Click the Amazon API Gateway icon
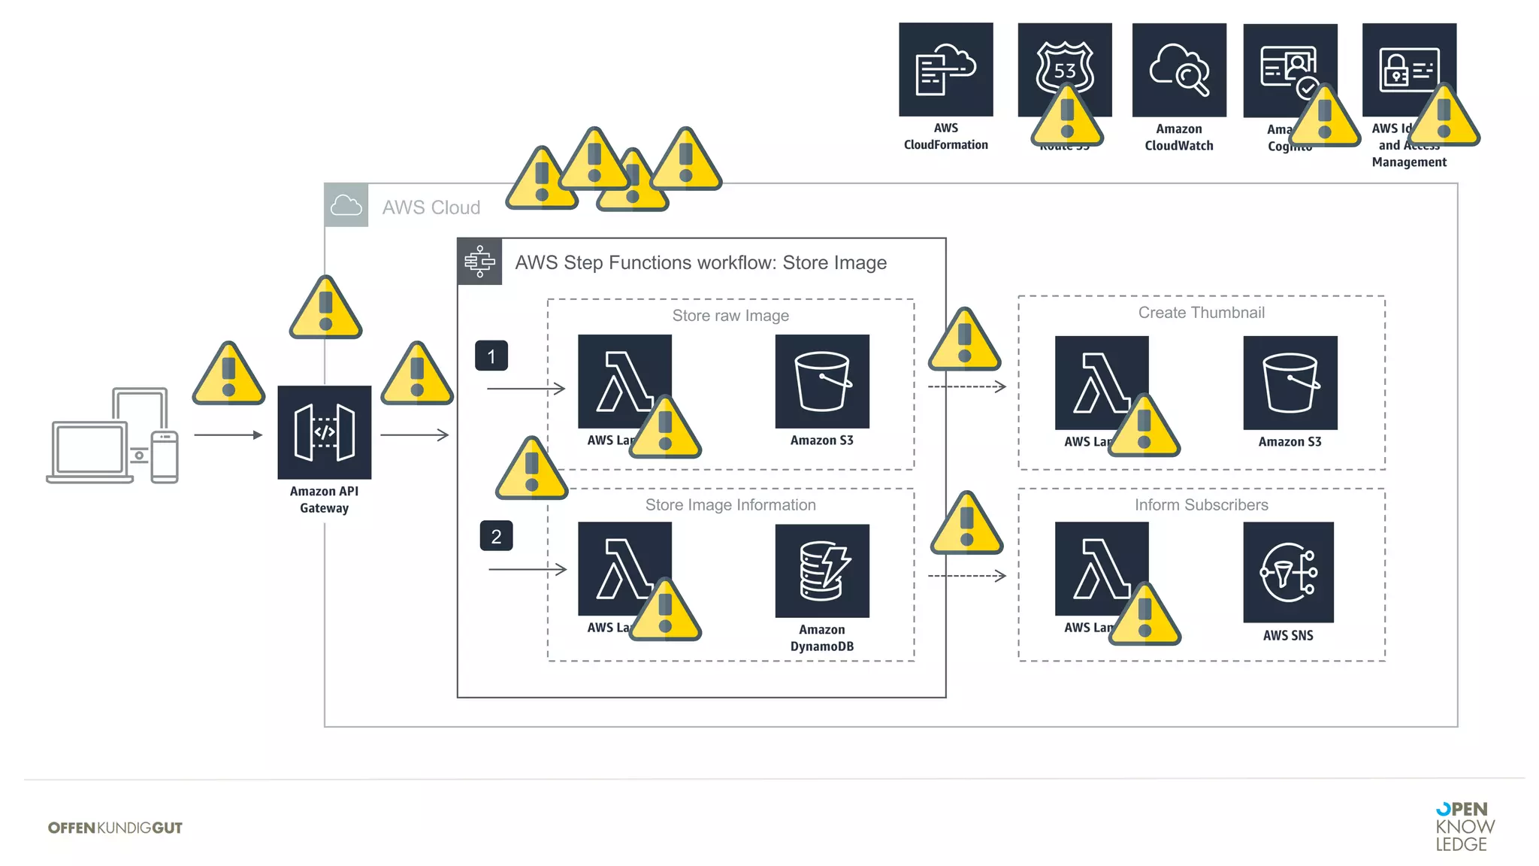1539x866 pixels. (324, 432)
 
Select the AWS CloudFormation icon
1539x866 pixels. (945, 69)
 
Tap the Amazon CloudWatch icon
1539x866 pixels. (1178, 70)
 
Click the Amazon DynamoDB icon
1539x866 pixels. (822, 571)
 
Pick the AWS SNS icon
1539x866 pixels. (1288, 572)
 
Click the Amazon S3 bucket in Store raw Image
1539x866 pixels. (822, 381)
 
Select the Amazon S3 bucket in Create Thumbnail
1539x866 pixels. (1290, 383)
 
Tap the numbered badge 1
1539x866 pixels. (491, 356)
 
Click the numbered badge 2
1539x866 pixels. (496, 536)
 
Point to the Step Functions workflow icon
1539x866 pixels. (479, 262)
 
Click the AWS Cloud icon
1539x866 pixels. (346, 205)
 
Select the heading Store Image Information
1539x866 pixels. (730, 505)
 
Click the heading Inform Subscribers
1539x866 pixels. (1201, 505)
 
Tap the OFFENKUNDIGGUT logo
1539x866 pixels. (115, 828)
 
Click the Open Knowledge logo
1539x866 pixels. (1464, 826)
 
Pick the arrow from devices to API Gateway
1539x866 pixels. (228, 435)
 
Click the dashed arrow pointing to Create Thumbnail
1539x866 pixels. (966, 386)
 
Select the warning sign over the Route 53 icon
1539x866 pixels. (1066, 117)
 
